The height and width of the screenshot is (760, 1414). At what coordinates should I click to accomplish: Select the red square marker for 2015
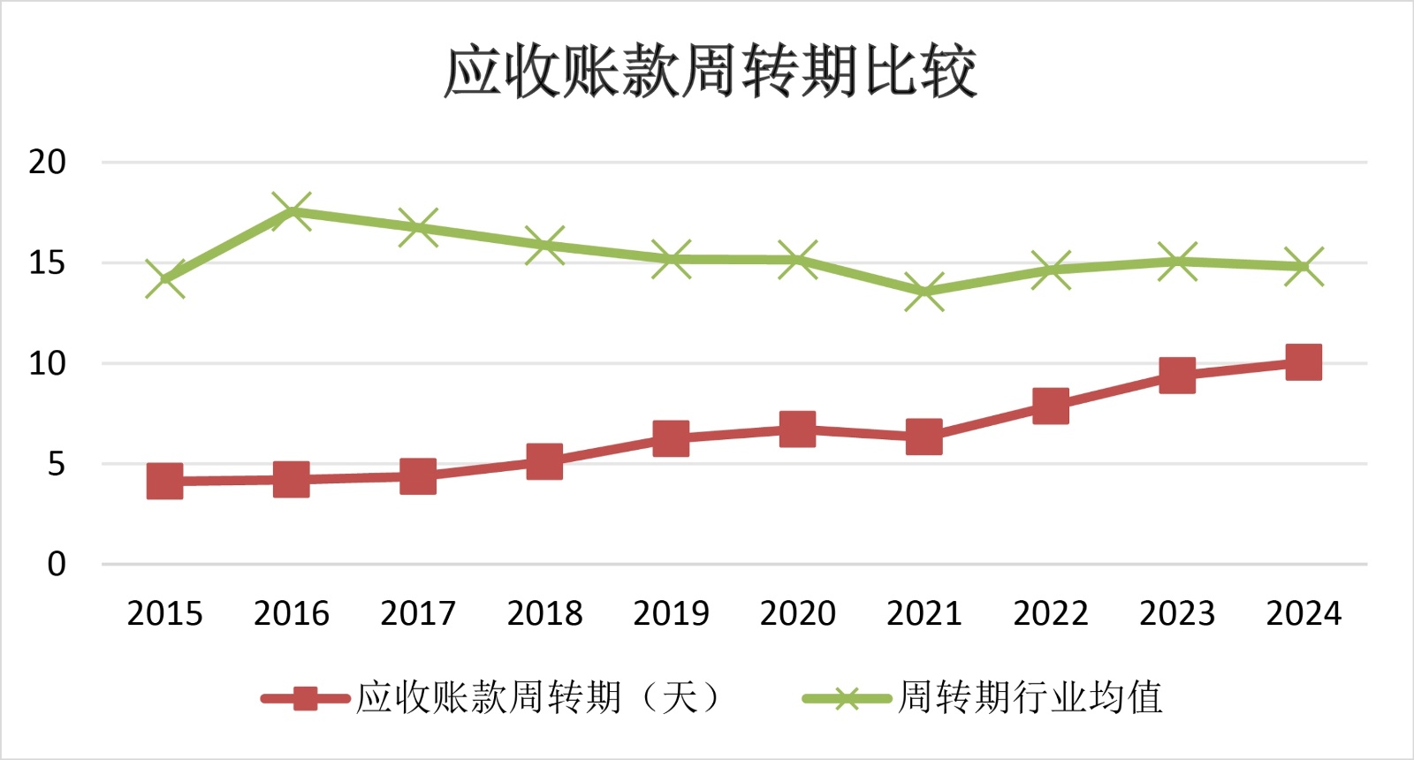pyautogui.click(x=165, y=482)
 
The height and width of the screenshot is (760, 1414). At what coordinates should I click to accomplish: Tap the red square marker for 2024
pyautogui.click(x=1304, y=362)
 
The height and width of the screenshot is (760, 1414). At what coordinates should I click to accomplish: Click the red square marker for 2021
pyautogui.click(x=924, y=437)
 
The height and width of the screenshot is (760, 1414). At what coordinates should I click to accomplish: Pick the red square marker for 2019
pyautogui.click(x=671, y=438)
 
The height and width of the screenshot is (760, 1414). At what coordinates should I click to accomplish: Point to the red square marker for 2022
pyautogui.click(x=1051, y=407)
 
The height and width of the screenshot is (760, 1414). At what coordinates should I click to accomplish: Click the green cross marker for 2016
pyautogui.click(x=292, y=211)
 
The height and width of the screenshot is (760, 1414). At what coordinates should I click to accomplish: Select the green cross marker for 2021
pyautogui.click(x=924, y=292)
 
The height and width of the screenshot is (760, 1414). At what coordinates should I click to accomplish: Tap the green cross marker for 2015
pyautogui.click(x=165, y=279)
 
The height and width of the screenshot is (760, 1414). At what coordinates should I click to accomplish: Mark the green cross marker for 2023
pyautogui.click(x=1177, y=262)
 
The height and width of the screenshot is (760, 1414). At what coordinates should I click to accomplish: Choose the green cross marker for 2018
pyautogui.click(x=544, y=245)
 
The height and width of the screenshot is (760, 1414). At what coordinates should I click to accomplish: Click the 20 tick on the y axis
pyautogui.click(x=48, y=163)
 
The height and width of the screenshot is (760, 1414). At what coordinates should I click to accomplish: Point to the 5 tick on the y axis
pyautogui.click(x=57, y=464)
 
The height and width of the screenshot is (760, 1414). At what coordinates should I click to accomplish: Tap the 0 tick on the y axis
pyautogui.click(x=57, y=564)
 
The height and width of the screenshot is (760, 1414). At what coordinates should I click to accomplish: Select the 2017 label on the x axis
pyautogui.click(x=418, y=613)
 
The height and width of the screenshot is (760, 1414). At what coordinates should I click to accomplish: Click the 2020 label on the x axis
pyautogui.click(x=797, y=613)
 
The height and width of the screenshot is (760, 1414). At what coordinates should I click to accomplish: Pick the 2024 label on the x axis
pyautogui.click(x=1304, y=613)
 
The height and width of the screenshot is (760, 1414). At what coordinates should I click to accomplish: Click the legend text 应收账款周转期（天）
pyautogui.click(x=539, y=698)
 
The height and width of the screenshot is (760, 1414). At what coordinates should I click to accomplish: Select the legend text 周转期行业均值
pyautogui.click(x=1030, y=698)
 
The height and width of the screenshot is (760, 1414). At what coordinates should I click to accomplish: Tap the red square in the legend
pyautogui.click(x=305, y=699)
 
